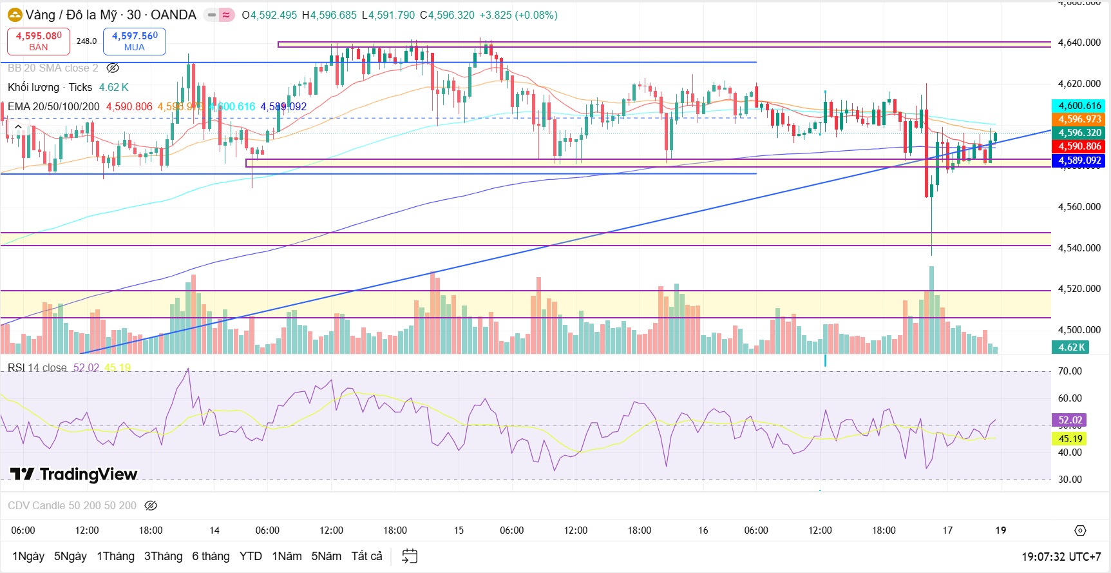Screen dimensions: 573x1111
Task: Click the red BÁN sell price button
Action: pos(39,41)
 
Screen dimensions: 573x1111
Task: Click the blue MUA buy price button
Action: pos(135,41)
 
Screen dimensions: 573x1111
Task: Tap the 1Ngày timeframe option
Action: pos(28,556)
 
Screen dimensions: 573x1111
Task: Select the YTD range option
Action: pos(251,556)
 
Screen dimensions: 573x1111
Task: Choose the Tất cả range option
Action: pos(366,556)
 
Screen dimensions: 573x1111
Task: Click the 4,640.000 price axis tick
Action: pos(1079,43)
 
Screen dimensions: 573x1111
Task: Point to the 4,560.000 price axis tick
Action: pos(1079,207)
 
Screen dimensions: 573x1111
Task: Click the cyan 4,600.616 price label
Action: pos(1079,106)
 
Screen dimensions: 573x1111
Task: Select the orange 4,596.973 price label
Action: pos(1079,119)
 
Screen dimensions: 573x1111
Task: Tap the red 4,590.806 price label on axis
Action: pos(1079,146)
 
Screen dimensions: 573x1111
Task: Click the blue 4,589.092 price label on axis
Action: pos(1079,160)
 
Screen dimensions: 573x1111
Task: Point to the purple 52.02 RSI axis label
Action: pos(1070,420)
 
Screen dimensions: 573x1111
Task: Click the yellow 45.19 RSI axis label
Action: pos(1070,439)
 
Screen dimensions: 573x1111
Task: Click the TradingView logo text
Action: pos(74,474)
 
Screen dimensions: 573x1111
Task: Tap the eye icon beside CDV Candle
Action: pos(151,506)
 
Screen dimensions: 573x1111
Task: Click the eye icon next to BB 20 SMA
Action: pos(113,68)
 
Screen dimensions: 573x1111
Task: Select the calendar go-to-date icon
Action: pos(410,556)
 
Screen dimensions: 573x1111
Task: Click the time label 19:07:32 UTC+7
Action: pos(1061,557)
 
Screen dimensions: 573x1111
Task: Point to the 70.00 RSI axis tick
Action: pos(1070,371)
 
